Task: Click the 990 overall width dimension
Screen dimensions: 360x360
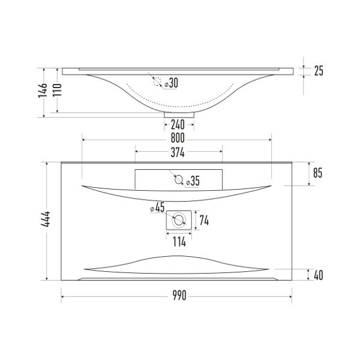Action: click(x=179, y=295)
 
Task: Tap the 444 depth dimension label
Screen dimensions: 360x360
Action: click(x=46, y=219)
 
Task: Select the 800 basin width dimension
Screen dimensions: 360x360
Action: click(x=178, y=138)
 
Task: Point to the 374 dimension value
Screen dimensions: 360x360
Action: click(x=178, y=152)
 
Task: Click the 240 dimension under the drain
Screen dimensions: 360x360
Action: click(x=178, y=125)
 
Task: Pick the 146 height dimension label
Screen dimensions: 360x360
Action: click(x=43, y=91)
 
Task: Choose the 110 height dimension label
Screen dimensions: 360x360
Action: click(x=58, y=90)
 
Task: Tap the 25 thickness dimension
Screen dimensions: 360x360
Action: click(x=319, y=71)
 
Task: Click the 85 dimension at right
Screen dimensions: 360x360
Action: click(x=318, y=173)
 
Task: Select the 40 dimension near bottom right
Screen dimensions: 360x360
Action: click(x=318, y=275)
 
